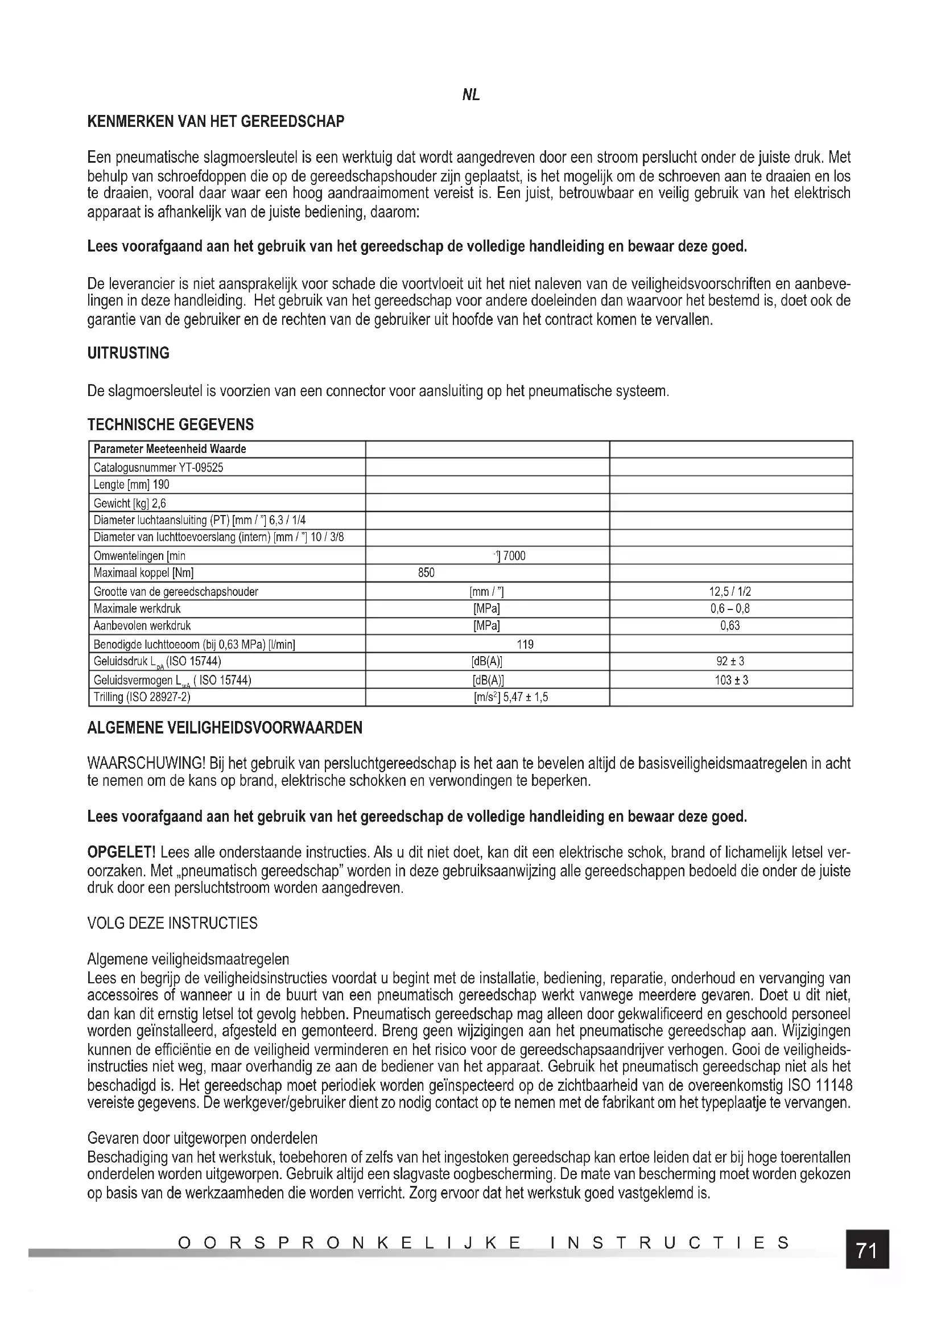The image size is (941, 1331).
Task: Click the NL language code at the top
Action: [470, 96]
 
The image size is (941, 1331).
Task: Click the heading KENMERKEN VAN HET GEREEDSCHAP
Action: [216, 122]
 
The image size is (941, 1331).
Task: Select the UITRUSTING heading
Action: [128, 353]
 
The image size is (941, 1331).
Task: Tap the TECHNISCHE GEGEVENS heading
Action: [170, 425]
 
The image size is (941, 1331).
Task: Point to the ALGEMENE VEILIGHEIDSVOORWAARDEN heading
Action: [225, 728]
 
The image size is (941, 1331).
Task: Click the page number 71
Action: [866, 1250]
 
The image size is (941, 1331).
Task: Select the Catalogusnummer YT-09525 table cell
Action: [158, 467]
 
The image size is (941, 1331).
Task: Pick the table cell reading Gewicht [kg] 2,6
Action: [130, 503]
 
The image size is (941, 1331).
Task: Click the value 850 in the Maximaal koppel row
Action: [426, 573]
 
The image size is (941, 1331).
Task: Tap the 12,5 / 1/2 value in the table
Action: [730, 592]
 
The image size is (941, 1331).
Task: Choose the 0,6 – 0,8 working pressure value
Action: [730, 609]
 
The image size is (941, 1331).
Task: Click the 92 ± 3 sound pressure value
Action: [730, 661]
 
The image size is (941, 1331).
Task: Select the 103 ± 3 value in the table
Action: [731, 680]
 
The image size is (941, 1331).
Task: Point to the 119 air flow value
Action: [525, 644]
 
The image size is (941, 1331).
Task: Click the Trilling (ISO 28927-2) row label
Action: [142, 697]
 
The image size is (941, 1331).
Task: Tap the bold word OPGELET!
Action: [121, 852]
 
